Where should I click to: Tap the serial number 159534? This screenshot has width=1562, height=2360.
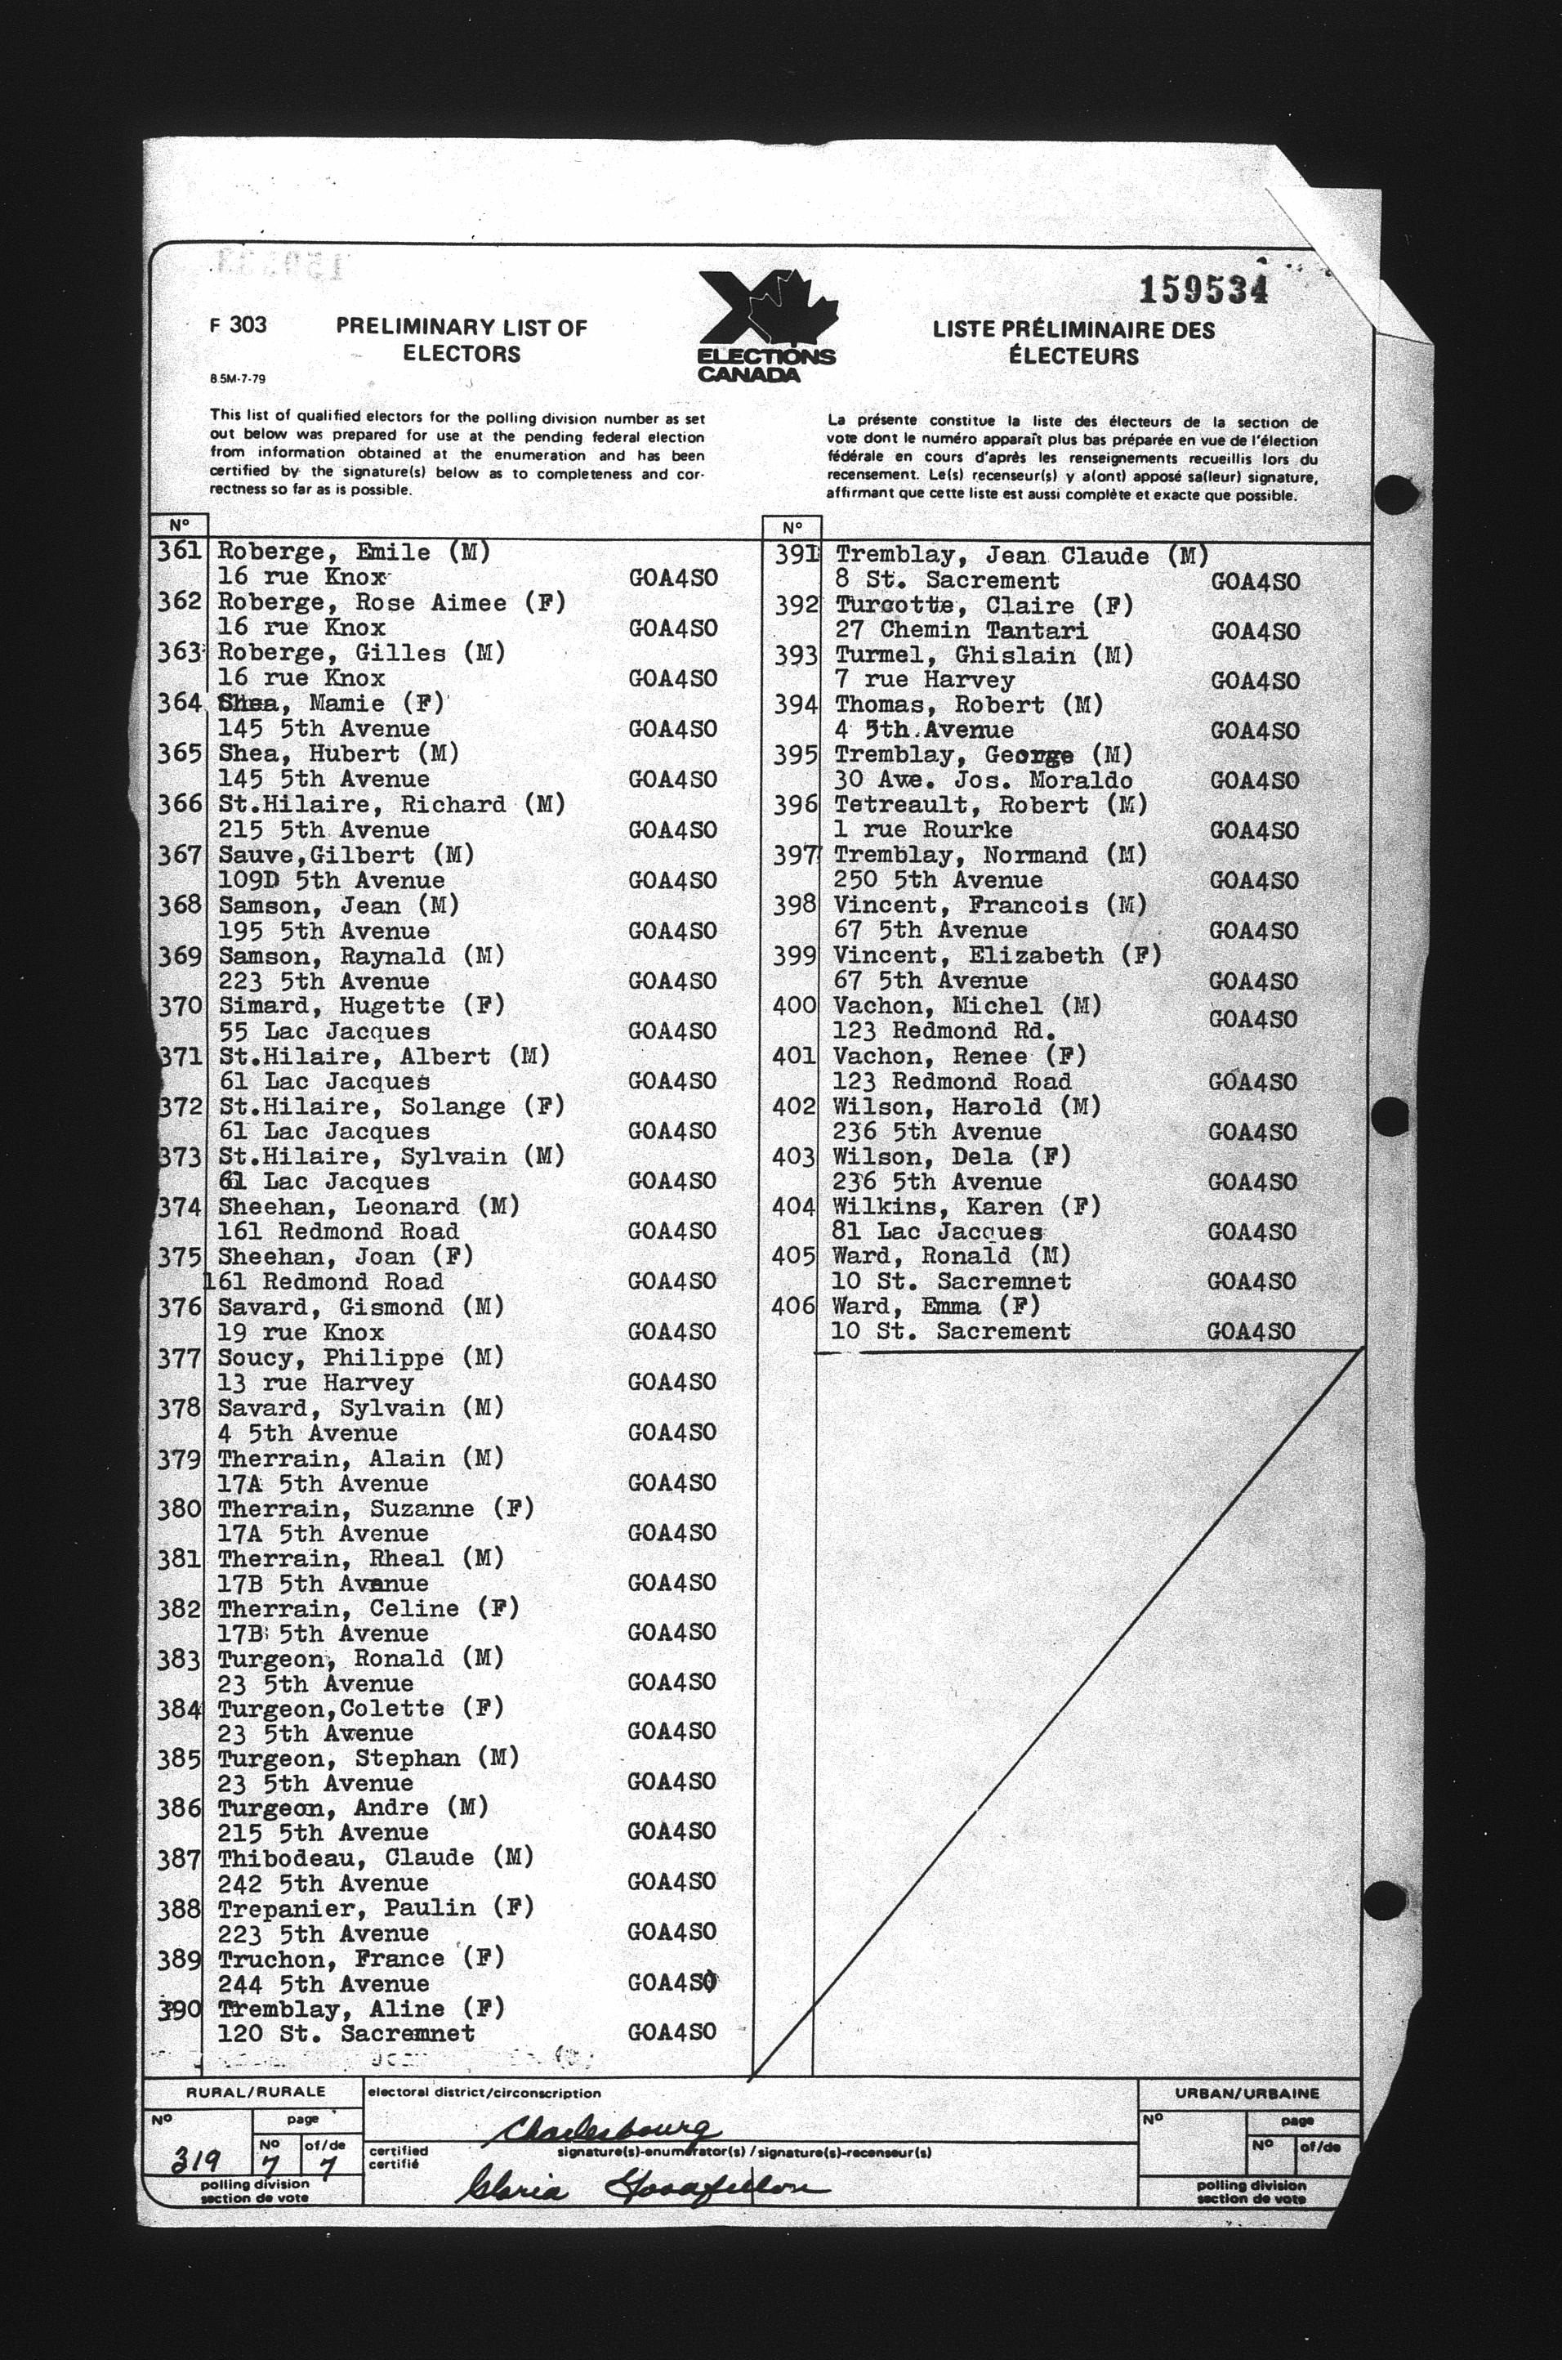(x=1203, y=290)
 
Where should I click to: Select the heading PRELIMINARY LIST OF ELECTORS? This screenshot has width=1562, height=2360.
(x=462, y=340)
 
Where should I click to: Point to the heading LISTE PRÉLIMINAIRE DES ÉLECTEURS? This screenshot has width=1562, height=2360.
(x=1073, y=342)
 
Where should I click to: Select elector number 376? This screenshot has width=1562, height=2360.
(x=179, y=1307)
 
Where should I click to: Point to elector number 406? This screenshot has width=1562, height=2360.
(x=793, y=1305)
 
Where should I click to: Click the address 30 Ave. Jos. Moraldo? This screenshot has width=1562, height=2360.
(x=984, y=780)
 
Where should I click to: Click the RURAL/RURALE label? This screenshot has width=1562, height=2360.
(x=256, y=2092)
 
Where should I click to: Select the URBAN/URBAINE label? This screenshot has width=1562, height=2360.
(x=1249, y=2093)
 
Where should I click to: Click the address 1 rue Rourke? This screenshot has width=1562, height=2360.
(x=923, y=829)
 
